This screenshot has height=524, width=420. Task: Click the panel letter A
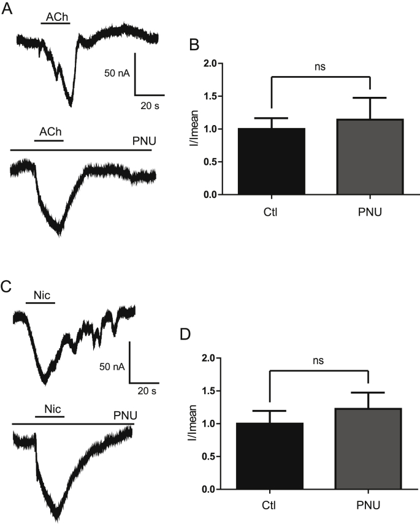point(7,10)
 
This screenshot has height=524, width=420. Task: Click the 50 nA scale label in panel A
point(116,74)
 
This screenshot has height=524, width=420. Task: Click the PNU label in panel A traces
point(144,142)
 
